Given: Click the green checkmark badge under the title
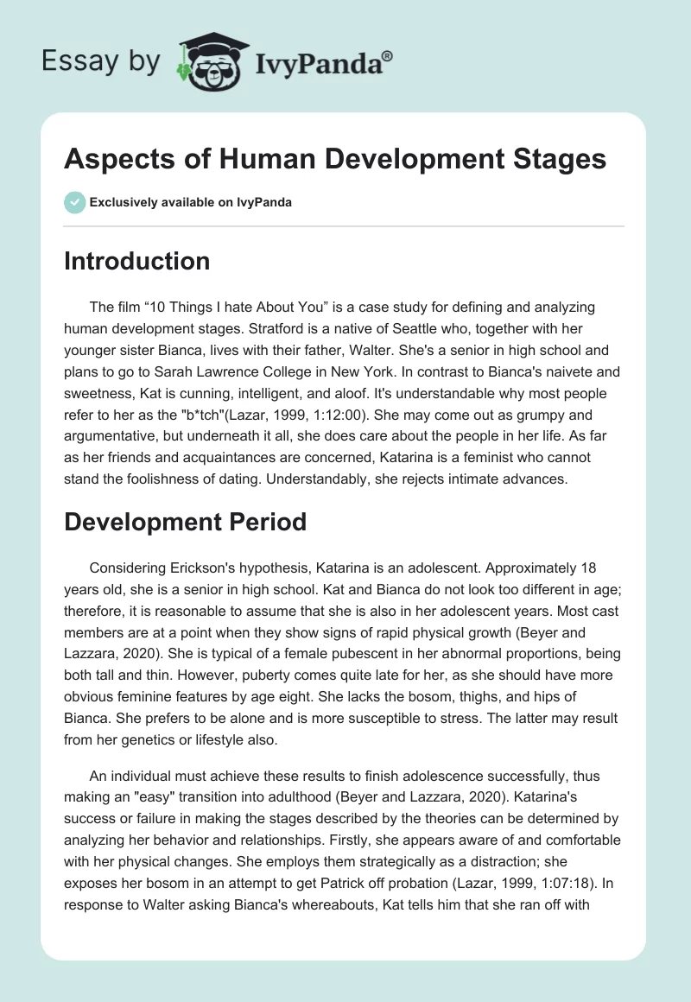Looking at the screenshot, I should coord(74,202).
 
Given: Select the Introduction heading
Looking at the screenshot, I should coord(136,262).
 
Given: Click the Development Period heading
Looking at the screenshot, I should coord(185,522).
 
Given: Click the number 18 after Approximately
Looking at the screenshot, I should coord(586,570).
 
